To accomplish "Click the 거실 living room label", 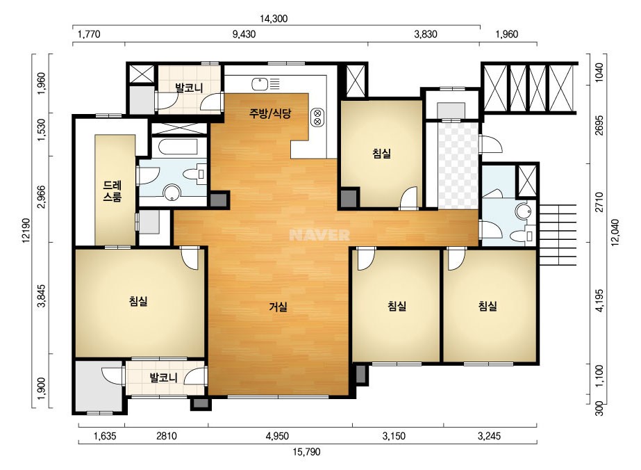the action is [278, 306].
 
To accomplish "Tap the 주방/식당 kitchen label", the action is [270, 113].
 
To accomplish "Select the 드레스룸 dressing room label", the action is [112, 191].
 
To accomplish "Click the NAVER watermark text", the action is [319, 235].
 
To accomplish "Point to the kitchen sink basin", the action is [260, 84].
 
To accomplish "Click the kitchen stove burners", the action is [317, 117].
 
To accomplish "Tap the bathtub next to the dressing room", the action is [178, 147].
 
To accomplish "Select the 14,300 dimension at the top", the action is [274, 19].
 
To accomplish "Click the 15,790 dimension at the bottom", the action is [306, 452].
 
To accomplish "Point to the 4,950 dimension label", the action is [277, 436].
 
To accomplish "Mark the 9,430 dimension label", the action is [244, 34].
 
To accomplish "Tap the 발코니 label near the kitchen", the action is [189, 88].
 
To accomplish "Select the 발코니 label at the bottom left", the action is [163, 378].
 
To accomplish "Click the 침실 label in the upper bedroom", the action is [382, 154].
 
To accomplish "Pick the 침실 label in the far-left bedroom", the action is [138, 302].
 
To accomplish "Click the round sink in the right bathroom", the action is [523, 211].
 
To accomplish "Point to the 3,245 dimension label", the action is [490, 436].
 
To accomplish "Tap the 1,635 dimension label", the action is [105, 436].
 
